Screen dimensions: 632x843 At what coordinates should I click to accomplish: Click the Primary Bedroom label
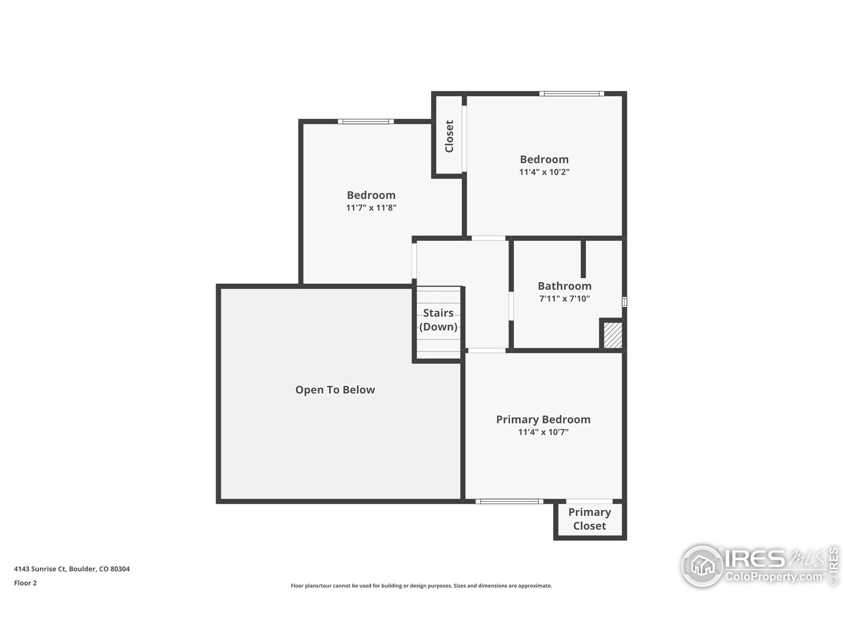tap(543, 419)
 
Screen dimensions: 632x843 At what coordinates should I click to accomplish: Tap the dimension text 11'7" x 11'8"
tap(371, 208)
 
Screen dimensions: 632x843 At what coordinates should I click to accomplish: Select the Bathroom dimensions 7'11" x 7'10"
tap(564, 299)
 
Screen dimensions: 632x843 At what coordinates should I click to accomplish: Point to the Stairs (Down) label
tap(438, 320)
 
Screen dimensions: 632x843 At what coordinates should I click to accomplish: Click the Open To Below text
tap(335, 390)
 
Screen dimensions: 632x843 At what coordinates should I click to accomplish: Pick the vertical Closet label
tap(449, 136)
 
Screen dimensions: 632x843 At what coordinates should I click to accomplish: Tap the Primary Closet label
tap(589, 519)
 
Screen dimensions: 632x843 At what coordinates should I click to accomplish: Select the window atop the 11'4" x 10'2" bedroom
tap(571, 94)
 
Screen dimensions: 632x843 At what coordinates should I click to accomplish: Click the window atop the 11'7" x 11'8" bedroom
tap(366, 121)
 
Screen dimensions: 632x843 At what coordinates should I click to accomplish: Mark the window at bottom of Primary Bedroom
tap(509, 501)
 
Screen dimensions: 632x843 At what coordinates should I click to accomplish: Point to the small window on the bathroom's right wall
tap(624, 302)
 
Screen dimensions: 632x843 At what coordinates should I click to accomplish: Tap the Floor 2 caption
tap(26, 583)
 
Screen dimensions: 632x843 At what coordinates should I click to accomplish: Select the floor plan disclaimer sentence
tap(421, 586)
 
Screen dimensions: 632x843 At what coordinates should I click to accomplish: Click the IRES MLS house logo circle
tap(702, 566)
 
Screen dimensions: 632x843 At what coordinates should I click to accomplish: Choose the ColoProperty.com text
tap(774, 576)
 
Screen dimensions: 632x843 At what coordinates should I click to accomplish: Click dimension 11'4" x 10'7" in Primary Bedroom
tap(543, 432)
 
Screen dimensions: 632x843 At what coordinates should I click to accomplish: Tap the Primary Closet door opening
tap(589, 501)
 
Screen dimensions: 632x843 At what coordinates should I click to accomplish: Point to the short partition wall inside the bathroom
tap(583, 258)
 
